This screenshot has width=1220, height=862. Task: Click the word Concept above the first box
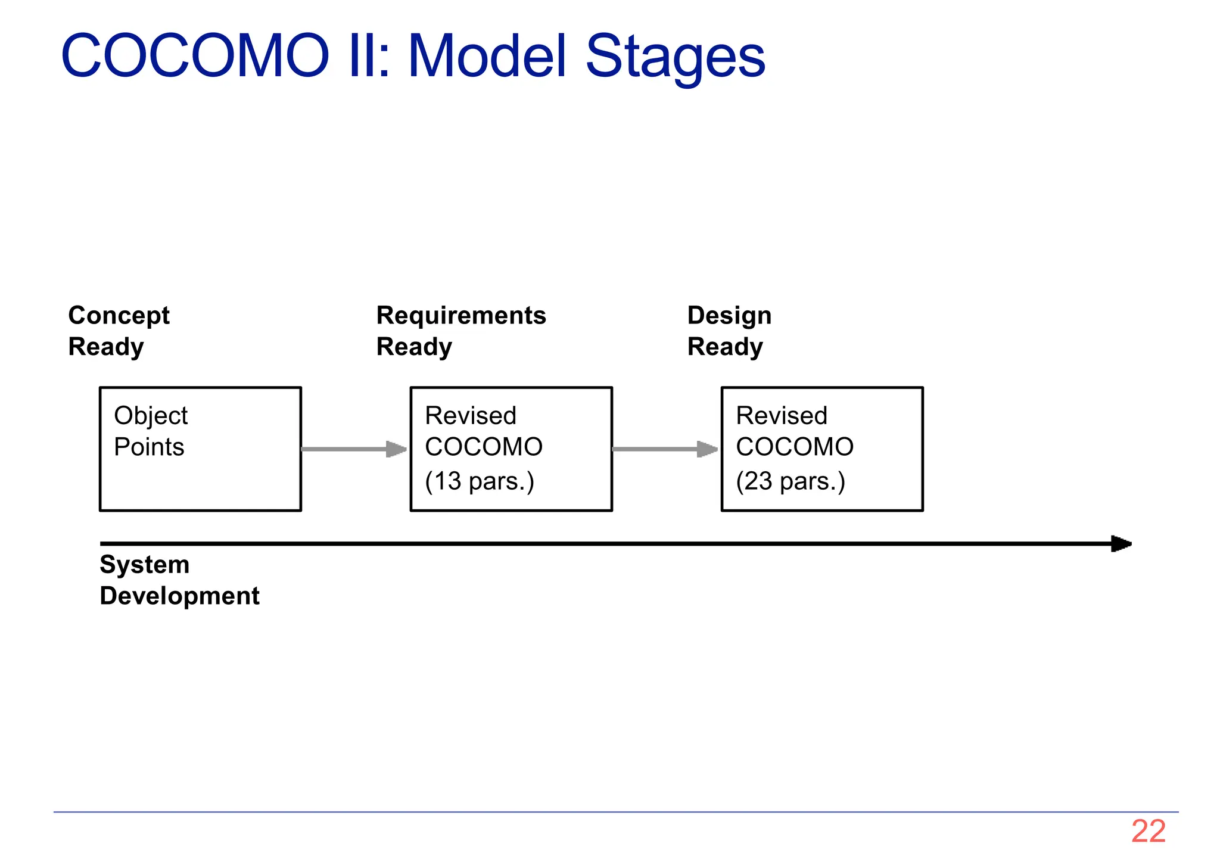(x=119, y=316)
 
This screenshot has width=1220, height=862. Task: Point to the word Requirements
(x=461, y=316)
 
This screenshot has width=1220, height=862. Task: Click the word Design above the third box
(x=729, y=316)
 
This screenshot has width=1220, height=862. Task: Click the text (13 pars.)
(x=480, y=481)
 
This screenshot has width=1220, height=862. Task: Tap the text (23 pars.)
(x=790, y=481)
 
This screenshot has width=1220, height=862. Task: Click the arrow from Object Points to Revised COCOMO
(x=354, y=449)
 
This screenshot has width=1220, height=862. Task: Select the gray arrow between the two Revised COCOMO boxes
(x=665, y=449)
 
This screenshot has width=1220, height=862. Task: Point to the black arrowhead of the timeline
(x=1121, y=544)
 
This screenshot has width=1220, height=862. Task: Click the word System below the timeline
(x=145, y=565)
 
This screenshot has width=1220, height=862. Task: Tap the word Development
(x=179, y=596)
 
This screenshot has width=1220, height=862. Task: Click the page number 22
(x=1148, y=831)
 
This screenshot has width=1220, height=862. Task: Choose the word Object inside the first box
(x=151, y=416)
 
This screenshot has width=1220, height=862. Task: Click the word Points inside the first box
(x=149, y=447)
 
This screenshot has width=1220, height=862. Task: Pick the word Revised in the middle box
(x=471, y=416)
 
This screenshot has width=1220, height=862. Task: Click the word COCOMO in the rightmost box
(x=795, y=447)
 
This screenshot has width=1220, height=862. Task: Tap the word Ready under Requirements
(x=414, y=347)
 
